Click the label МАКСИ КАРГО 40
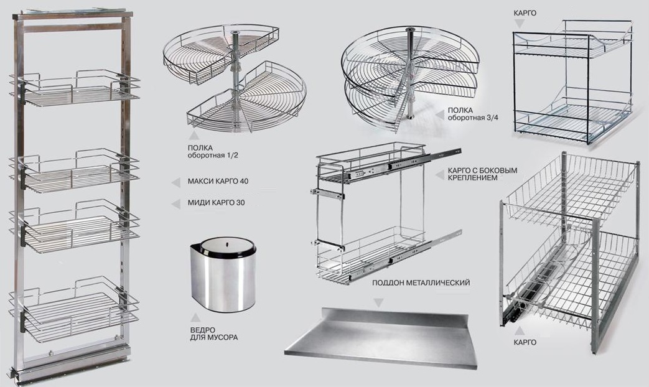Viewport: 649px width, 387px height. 218,181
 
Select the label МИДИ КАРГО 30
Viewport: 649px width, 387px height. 216,203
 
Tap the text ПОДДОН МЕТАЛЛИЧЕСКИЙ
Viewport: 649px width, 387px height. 421,283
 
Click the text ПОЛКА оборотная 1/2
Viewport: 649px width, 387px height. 213,152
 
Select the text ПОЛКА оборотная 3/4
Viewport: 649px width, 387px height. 473,114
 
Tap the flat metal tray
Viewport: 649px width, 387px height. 380,337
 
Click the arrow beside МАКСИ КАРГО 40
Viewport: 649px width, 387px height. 176,182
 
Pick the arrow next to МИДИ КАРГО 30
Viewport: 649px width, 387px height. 176,203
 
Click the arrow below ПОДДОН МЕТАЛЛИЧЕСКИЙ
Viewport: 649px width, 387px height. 378,302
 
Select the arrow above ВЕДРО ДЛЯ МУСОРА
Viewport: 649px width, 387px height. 195,318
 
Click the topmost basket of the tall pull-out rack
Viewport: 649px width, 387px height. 75,89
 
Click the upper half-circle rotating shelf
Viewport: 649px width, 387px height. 222,54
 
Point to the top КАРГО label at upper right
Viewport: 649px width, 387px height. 525,13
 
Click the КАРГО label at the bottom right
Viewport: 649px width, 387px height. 525,343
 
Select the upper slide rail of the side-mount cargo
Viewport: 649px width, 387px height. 406,163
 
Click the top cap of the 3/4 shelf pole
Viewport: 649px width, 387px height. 410,30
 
